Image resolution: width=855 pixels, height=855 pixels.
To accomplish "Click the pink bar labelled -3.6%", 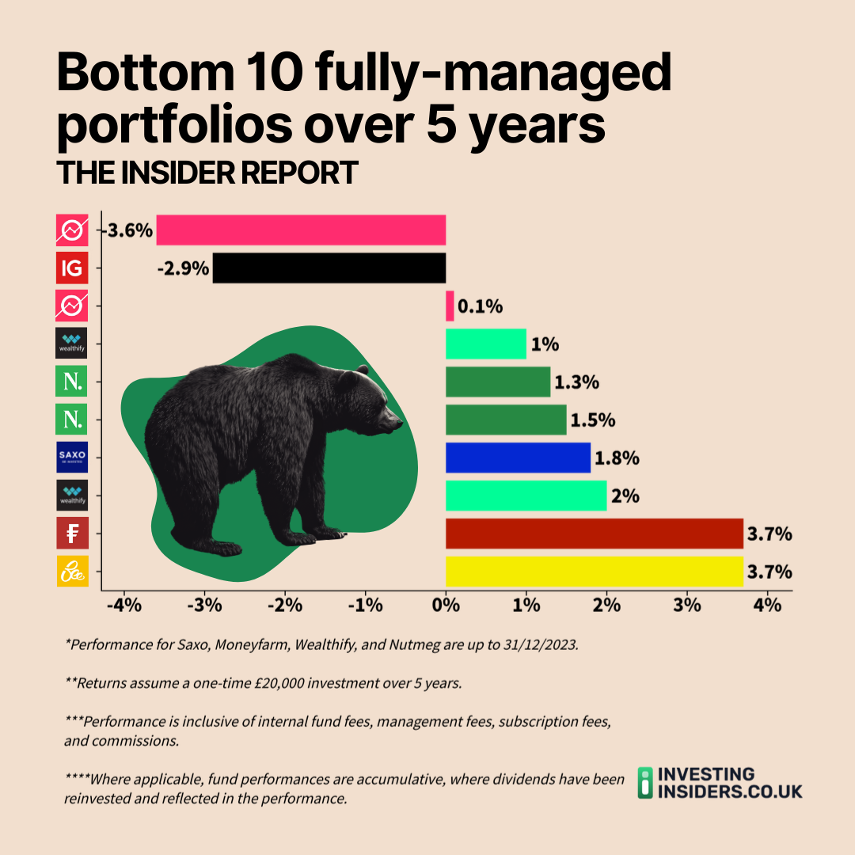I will click(x=301, y=230).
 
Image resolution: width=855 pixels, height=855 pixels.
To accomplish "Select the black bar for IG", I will click(x=329, y=268).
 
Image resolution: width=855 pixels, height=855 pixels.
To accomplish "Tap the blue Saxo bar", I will click(x=518, y=458).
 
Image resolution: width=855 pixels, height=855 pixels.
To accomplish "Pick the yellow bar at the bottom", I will click(x=594, y=572).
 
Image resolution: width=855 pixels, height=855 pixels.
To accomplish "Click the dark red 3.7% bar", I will click(x=594, y=534).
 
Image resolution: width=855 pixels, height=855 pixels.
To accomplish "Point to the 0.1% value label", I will click(x=481, y=306).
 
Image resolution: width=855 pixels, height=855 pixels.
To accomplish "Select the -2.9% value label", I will click(x=183, y=269).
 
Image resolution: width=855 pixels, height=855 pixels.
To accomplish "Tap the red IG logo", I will click(x=72, y=268).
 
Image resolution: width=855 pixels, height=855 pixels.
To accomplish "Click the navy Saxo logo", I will click(x=72, y=458).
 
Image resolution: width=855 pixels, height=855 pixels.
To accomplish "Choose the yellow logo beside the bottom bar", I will click(x=72, y=572).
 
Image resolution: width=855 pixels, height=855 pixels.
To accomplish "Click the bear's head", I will click(x=372, y=404).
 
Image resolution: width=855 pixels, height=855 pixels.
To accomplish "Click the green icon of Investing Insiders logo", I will click(x=647, y=782).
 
